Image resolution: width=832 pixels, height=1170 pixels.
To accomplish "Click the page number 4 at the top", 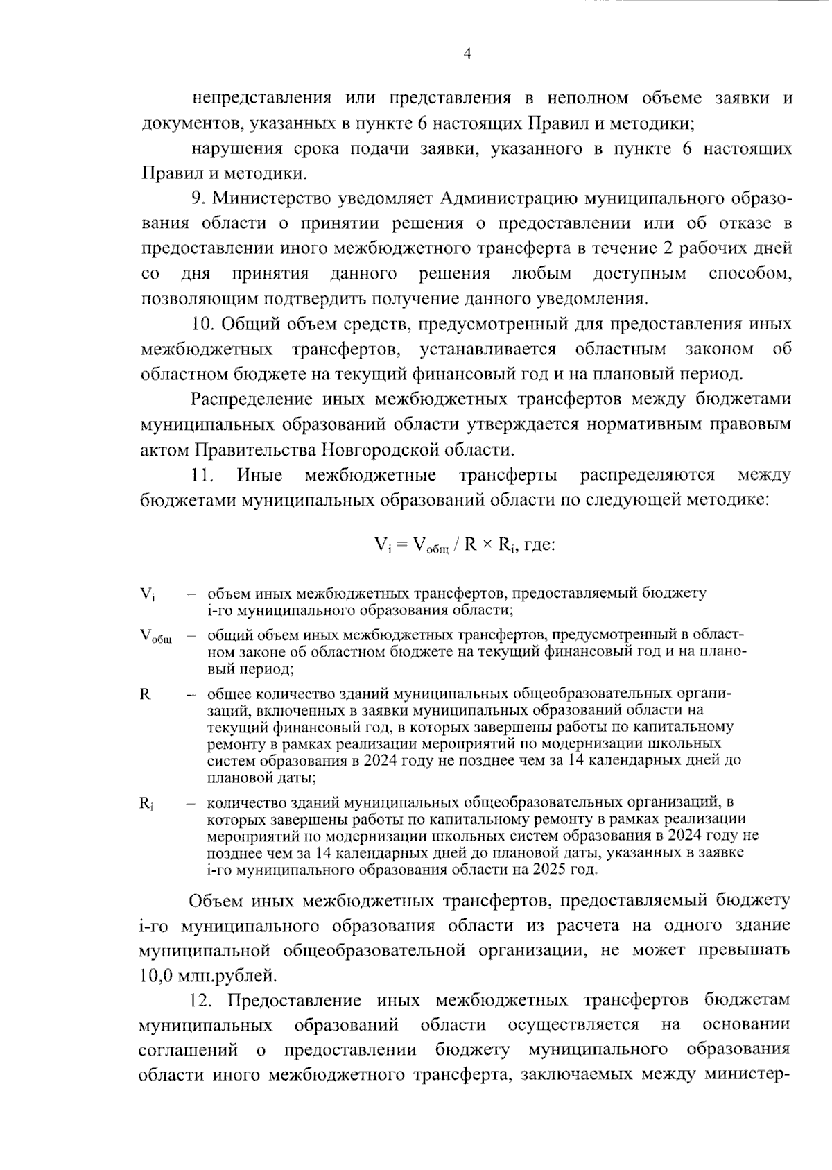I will [467, 54].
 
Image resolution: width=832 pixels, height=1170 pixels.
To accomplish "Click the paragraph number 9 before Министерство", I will [198, 198].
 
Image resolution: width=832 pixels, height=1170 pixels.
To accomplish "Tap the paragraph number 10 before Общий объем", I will [201, 324].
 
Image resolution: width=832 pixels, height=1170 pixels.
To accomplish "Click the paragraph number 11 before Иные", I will [201, 475].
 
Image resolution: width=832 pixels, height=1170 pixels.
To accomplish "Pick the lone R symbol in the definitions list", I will [145, 694].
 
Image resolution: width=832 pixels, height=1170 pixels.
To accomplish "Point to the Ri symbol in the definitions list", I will [146, 804].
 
